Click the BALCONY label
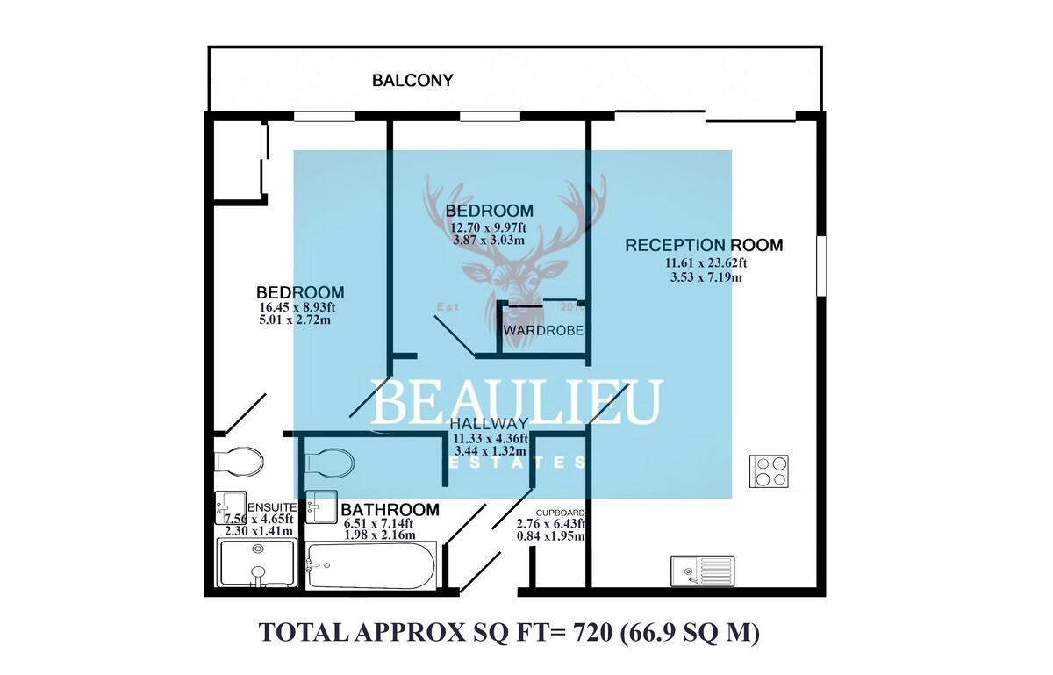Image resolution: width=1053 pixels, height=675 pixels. [412, 81]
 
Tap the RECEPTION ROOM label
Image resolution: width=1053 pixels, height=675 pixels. [704, 245]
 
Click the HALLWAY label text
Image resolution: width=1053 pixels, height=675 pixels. [488, 424]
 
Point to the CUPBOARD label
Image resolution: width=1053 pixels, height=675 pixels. [560, 512]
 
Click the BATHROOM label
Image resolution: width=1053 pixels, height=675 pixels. [390, 510]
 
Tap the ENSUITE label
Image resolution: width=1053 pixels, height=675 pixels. [273, 507]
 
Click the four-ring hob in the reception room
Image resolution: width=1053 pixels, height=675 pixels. [770, 471]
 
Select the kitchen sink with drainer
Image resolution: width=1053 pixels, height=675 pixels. [703, 570]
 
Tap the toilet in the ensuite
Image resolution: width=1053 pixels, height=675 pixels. [239, 460]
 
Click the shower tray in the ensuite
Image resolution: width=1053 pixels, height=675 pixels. [257, 563]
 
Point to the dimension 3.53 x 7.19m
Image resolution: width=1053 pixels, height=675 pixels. [705, 278]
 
